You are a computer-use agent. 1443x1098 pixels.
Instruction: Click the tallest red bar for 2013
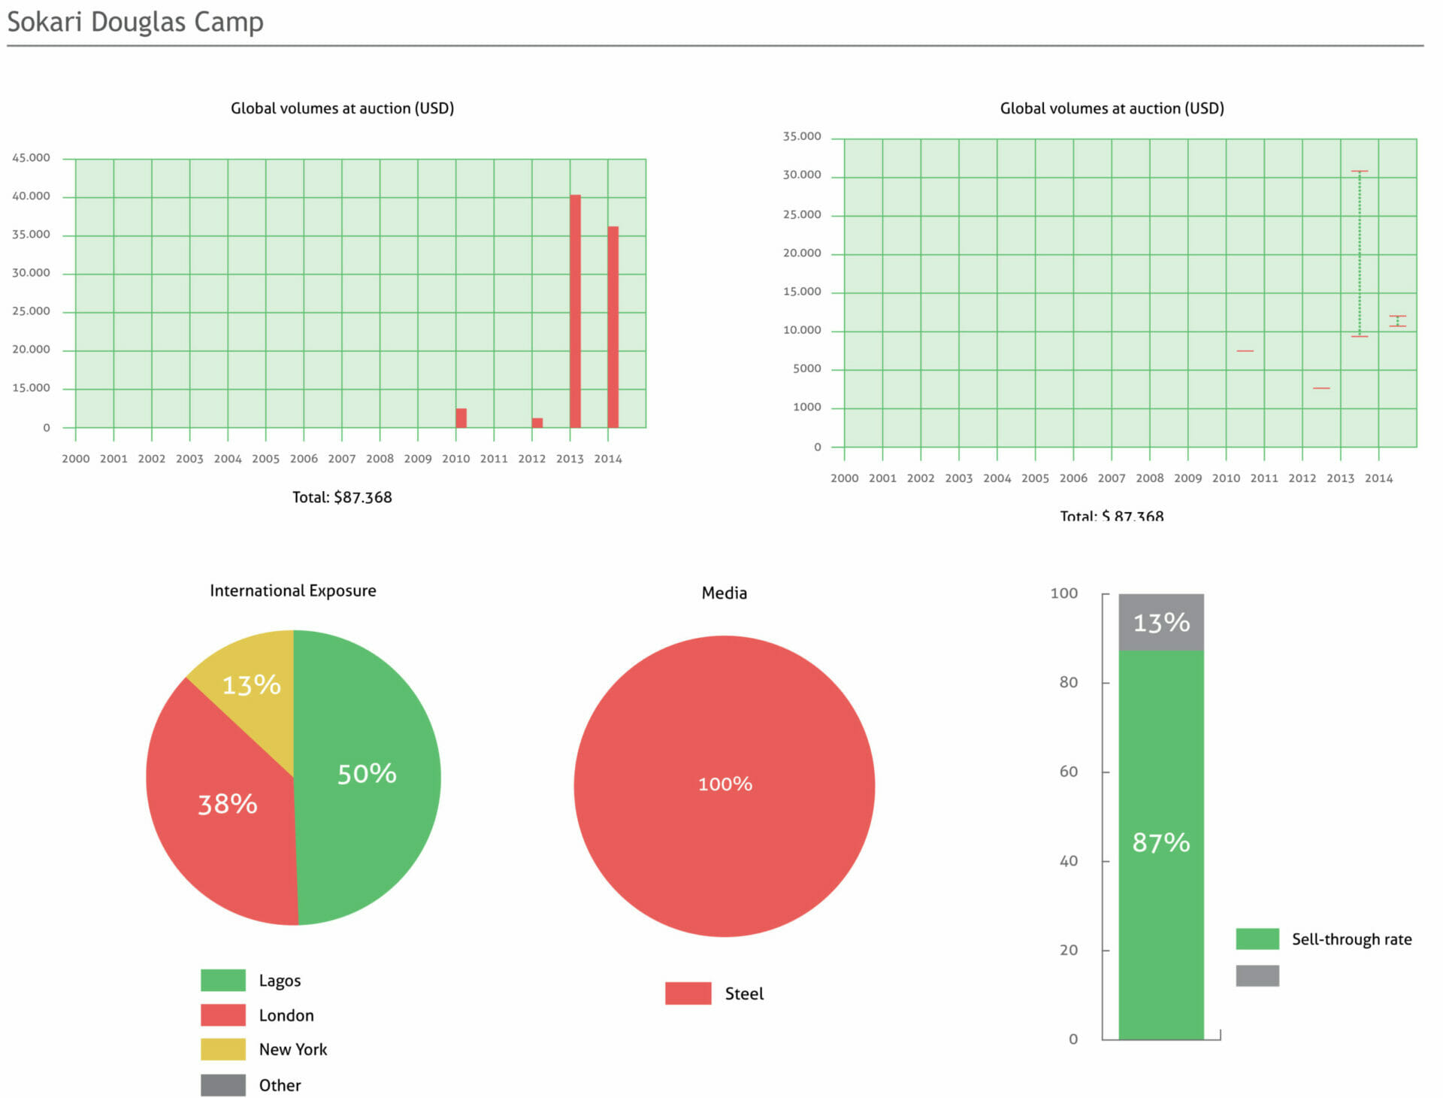[575, 311]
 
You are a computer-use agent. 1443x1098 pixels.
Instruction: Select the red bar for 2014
[613, 327]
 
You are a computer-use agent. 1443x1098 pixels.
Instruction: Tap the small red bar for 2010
[461, 418]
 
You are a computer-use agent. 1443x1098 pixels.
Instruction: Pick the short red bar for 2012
[537, 423]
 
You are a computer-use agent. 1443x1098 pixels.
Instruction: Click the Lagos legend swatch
[223, 981]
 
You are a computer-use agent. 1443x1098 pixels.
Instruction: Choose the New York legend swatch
[223, 1049]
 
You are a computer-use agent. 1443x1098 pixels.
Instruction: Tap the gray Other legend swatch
[223, 1085]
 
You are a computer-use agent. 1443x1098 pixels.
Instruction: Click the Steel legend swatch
[688, 993]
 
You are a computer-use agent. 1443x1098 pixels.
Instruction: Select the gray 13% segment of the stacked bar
[1161, 623]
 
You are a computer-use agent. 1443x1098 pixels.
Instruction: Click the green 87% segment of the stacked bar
[1161, 845]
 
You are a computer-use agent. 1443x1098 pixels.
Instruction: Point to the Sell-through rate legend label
[1351, 939]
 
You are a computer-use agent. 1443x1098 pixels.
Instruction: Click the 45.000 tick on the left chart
[31, 158]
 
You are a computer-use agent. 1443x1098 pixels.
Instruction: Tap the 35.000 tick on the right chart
[802, 137]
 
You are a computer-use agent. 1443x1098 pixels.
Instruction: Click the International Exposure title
[293, 591]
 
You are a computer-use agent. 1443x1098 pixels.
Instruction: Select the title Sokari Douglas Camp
[135, 22]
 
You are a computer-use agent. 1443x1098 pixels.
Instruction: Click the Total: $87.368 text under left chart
[342, 497]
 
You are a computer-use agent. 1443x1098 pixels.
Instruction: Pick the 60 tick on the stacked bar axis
[1068, 772]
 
